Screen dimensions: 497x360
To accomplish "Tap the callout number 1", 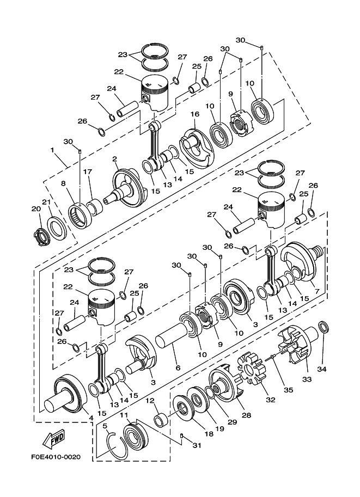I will pyautogui.click(x=53, y=149).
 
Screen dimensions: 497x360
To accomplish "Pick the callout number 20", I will pyautogui.click(x=35, y=208).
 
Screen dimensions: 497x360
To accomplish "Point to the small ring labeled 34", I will pyautogui.click(x=322, y=328).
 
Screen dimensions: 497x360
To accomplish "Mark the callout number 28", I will pyautogui.click(x=247, y=415).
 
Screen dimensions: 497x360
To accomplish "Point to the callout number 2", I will pyautogui.click(x=115, y=158).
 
